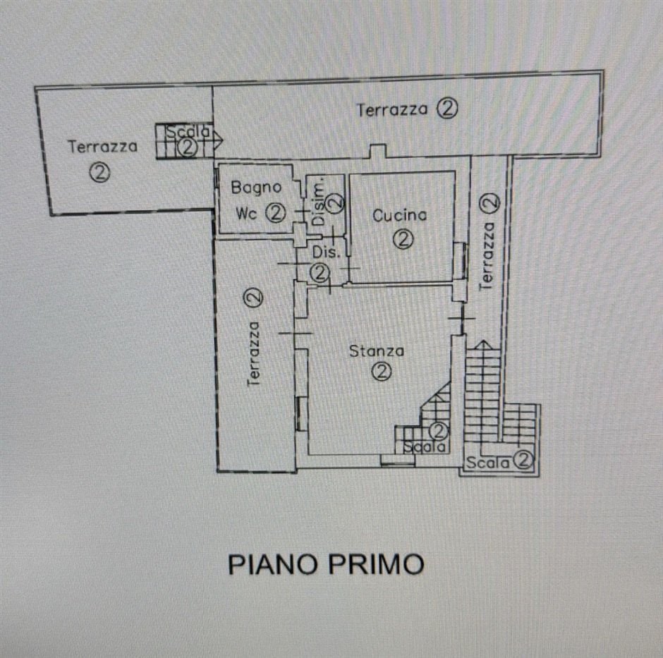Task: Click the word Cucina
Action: click(400, 215)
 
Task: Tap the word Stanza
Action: click(377, 351)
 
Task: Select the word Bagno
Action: click(256, 188)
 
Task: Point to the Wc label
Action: click(246, 213)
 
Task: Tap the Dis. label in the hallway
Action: click(326, 252)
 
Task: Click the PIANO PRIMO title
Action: click(326, 564)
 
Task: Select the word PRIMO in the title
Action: click(376, 564)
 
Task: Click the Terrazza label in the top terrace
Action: click(392, 110)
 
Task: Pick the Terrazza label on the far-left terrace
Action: click(103, 146)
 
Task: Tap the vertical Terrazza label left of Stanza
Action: click(254, 353)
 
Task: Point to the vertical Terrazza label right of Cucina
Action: click(487, 256)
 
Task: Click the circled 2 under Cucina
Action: click(403, 239)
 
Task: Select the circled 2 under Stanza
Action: click(382, 371)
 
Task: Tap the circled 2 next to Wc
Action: click(275, 213)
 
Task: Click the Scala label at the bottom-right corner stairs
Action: click(487, 462)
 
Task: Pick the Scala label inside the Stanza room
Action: click(424, 446)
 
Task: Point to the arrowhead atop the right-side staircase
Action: click(483, 345)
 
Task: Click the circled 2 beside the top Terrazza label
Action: click(447, 109)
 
